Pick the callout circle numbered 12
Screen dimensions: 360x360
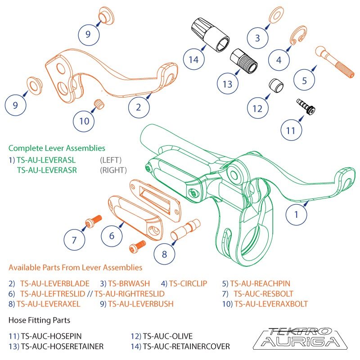tap(257, 108)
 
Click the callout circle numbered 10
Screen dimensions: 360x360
tap(84, 121)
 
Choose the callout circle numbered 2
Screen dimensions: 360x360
tap(138, 107)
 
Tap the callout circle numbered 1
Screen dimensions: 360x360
tap(296, 215)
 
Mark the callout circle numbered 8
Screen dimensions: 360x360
tap(164, 254)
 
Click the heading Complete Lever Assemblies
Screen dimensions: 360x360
tap(57, 148)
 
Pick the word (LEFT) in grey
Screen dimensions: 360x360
tap(110, 159)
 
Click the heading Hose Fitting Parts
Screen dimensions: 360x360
tap(39, 320)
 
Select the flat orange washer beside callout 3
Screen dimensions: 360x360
tap(275, 16)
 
